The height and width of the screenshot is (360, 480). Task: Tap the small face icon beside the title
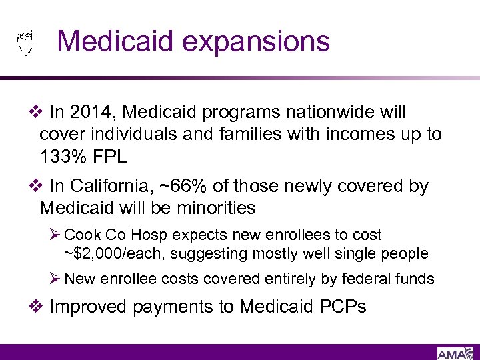click(x=25, y=42)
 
